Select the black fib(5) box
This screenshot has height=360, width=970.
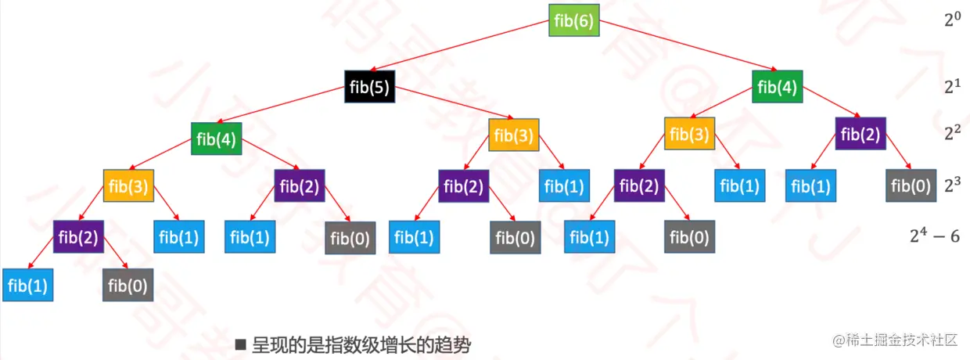click(x=369, y=88)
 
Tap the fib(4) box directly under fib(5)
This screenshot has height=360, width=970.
click(x=217, y=140)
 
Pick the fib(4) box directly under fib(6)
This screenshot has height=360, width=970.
click(x=778, y=88)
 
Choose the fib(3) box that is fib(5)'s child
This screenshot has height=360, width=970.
click(x=514, y=135)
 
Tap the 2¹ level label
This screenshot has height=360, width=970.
click(x=951, y=88)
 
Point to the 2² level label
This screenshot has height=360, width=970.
click(x=951, y=134)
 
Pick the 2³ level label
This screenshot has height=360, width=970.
click(x=951, y=186)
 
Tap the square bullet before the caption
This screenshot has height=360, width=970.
click(x=241, y=344)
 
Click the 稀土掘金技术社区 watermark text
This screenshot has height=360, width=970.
click(x=896, y=340)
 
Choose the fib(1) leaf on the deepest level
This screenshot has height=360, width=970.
click(x=27, y=286)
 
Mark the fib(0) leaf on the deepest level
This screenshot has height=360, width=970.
click(x=128, y=286)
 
